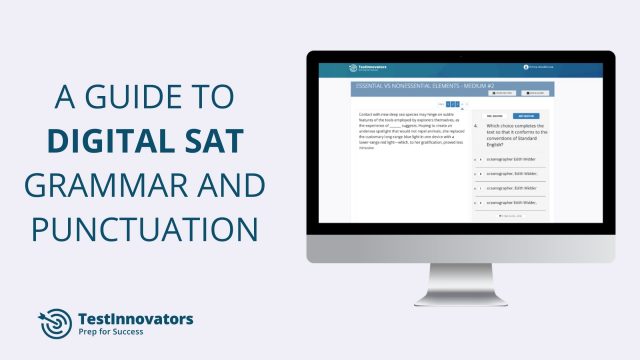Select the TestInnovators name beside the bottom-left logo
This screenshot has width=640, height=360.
[x=135, y=319]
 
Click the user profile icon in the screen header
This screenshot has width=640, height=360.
[x=525, y=68]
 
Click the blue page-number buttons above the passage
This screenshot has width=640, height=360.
[x=453, y=104]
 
